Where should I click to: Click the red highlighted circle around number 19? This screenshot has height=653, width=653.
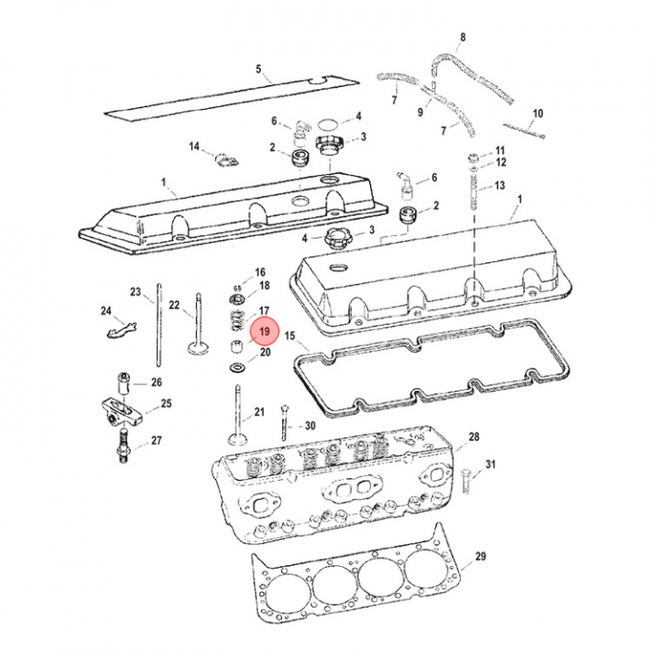[264, 334]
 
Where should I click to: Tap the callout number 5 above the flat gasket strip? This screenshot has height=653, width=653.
[258, 70]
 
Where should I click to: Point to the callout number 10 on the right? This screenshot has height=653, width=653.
[537, 113]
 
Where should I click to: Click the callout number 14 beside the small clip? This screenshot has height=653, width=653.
[194, 147]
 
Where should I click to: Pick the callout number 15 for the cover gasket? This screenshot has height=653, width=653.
[290, 336]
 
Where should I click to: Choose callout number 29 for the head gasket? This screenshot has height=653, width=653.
[481, 556]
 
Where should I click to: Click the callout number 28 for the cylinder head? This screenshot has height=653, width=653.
[473, 437]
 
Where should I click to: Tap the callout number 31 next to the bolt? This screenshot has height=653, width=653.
[491, 465]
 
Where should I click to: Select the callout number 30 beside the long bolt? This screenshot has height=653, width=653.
[309, 426]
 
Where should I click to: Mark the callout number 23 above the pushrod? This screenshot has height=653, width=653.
[135, 292]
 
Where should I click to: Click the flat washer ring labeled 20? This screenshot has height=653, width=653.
[238, 368]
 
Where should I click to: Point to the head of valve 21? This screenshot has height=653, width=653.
[237, 439]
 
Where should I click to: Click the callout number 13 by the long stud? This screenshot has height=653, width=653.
[500, 186]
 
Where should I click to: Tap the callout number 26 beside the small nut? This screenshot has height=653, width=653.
[156, 382]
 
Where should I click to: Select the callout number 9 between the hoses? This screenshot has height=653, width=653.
[420, 112]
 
